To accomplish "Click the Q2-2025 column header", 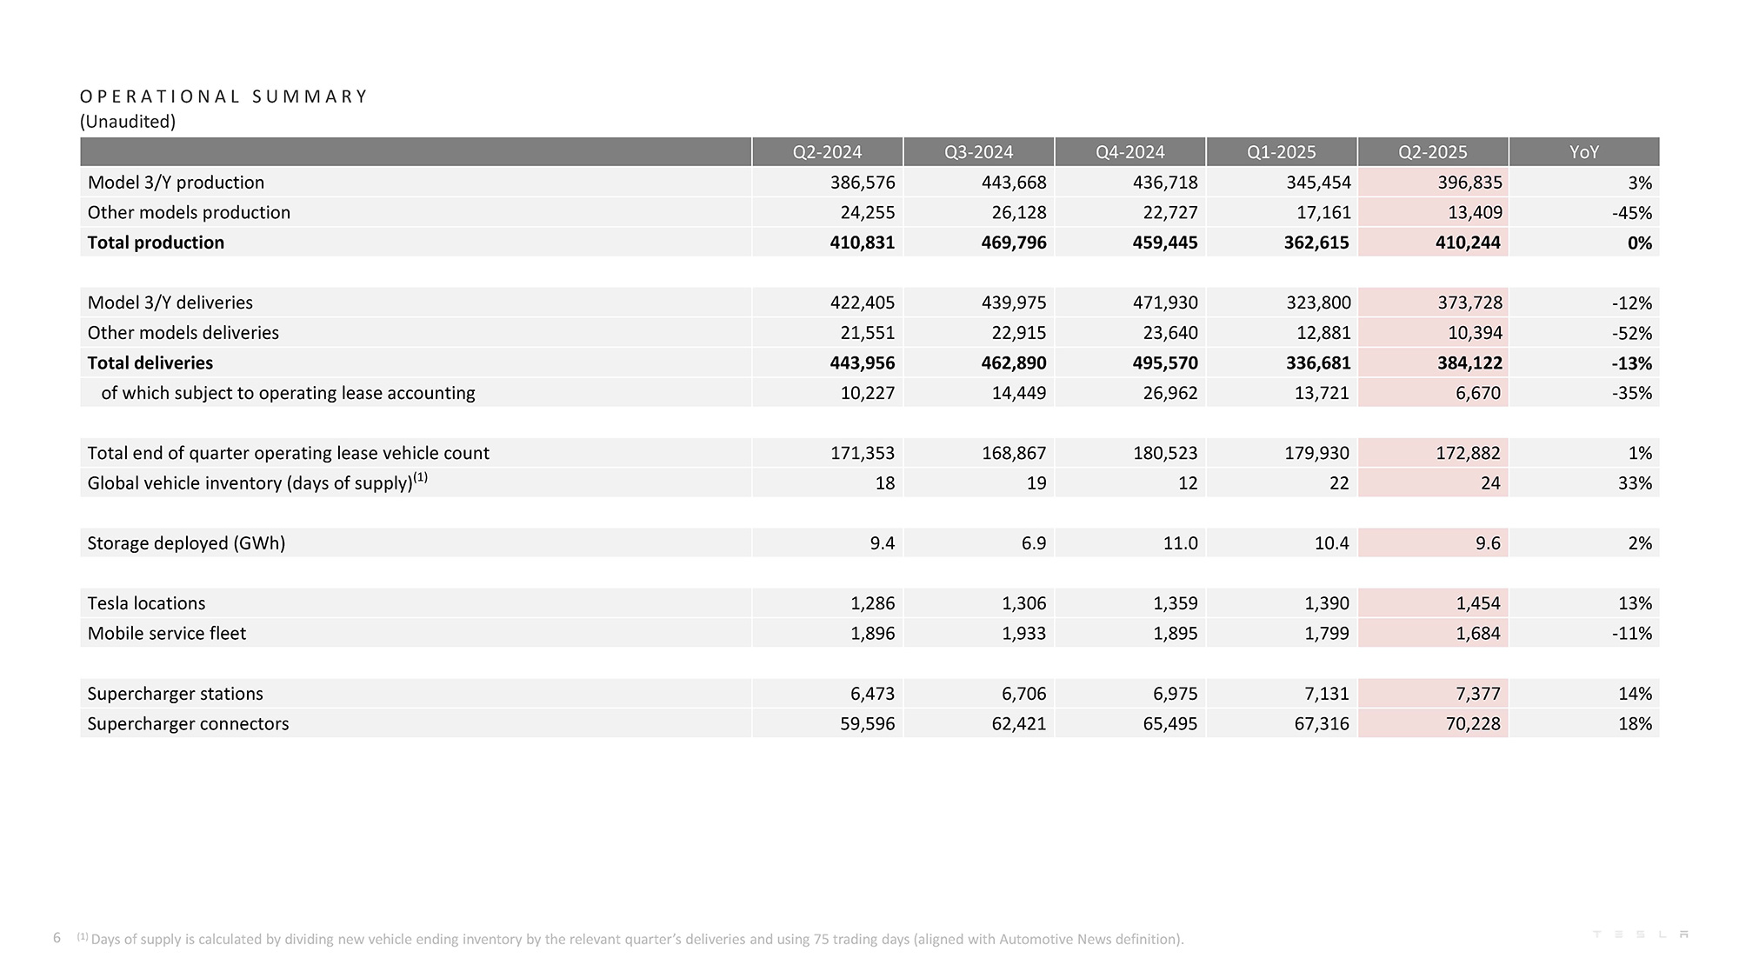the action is [1432, 152].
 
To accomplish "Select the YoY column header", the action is [1583, 152].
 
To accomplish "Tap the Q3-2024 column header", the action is [978, 152].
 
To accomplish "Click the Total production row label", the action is [156, 243].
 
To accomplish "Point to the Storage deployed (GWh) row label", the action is [186, 543].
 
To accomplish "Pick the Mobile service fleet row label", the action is [166, 634].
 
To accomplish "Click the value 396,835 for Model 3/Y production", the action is [1469, 183].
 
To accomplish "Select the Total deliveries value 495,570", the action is [1165, 363].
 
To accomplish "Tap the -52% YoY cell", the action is [1631, 333].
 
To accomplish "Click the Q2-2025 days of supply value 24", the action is [1490, 483].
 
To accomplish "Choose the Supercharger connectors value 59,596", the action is [867, 724].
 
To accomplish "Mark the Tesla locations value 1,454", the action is [1478, 603].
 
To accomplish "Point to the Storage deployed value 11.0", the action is [1180, 543].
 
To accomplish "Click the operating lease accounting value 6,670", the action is [1478, 393].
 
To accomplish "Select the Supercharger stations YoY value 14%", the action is [1635, 694].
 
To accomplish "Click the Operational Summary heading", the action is [223, 96].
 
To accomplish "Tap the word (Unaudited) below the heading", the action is [128, 122].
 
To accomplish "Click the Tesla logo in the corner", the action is [1641, 935].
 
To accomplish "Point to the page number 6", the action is [57, 937].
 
